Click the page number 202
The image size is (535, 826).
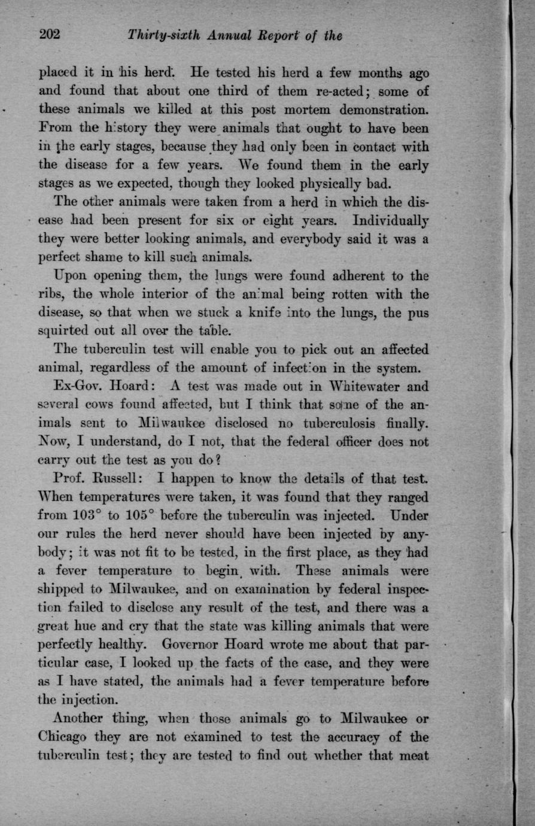click(x=50, y=35)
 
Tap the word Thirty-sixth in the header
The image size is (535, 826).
click(x=163, y=36)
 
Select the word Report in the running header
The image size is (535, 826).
click(x=270, y=36)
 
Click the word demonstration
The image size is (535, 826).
click(x=384, y=110)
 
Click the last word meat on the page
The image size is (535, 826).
click(x=414, y=755)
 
